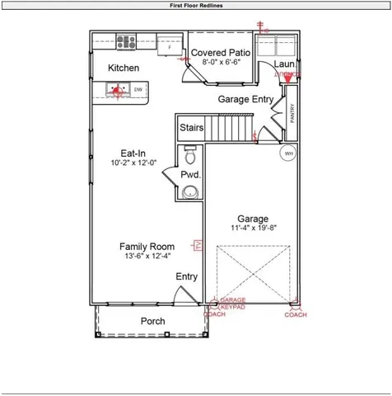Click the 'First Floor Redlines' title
(195, 5)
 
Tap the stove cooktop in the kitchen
(126, 41)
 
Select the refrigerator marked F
(169, 46)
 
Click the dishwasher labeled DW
(138, 89)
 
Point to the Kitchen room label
(124, 68)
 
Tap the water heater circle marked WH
(288, 153)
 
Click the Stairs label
(192, 128)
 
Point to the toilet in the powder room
(191, 155)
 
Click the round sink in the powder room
(191, 192)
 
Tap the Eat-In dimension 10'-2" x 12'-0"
(133, 163)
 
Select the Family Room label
(147, 247)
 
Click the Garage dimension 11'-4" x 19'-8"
(253, 229)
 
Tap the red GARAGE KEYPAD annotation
(233, 303)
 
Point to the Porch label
(152, 321)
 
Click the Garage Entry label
(245, 99)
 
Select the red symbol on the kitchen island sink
(117, 90)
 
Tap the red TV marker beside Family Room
(198, 245)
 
